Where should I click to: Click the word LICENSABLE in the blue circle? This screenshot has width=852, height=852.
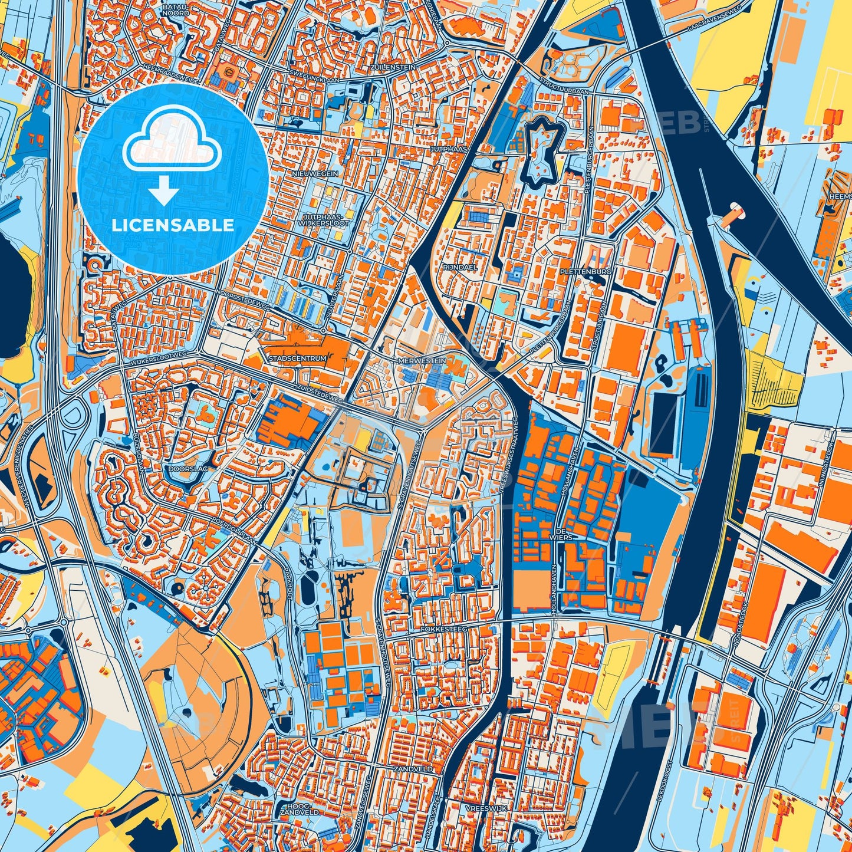(173, 225)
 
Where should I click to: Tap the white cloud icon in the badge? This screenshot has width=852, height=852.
(172, 143)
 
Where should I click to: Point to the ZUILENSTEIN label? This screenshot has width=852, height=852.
(393, 68)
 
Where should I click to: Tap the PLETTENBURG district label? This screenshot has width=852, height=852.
(594, 272)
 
